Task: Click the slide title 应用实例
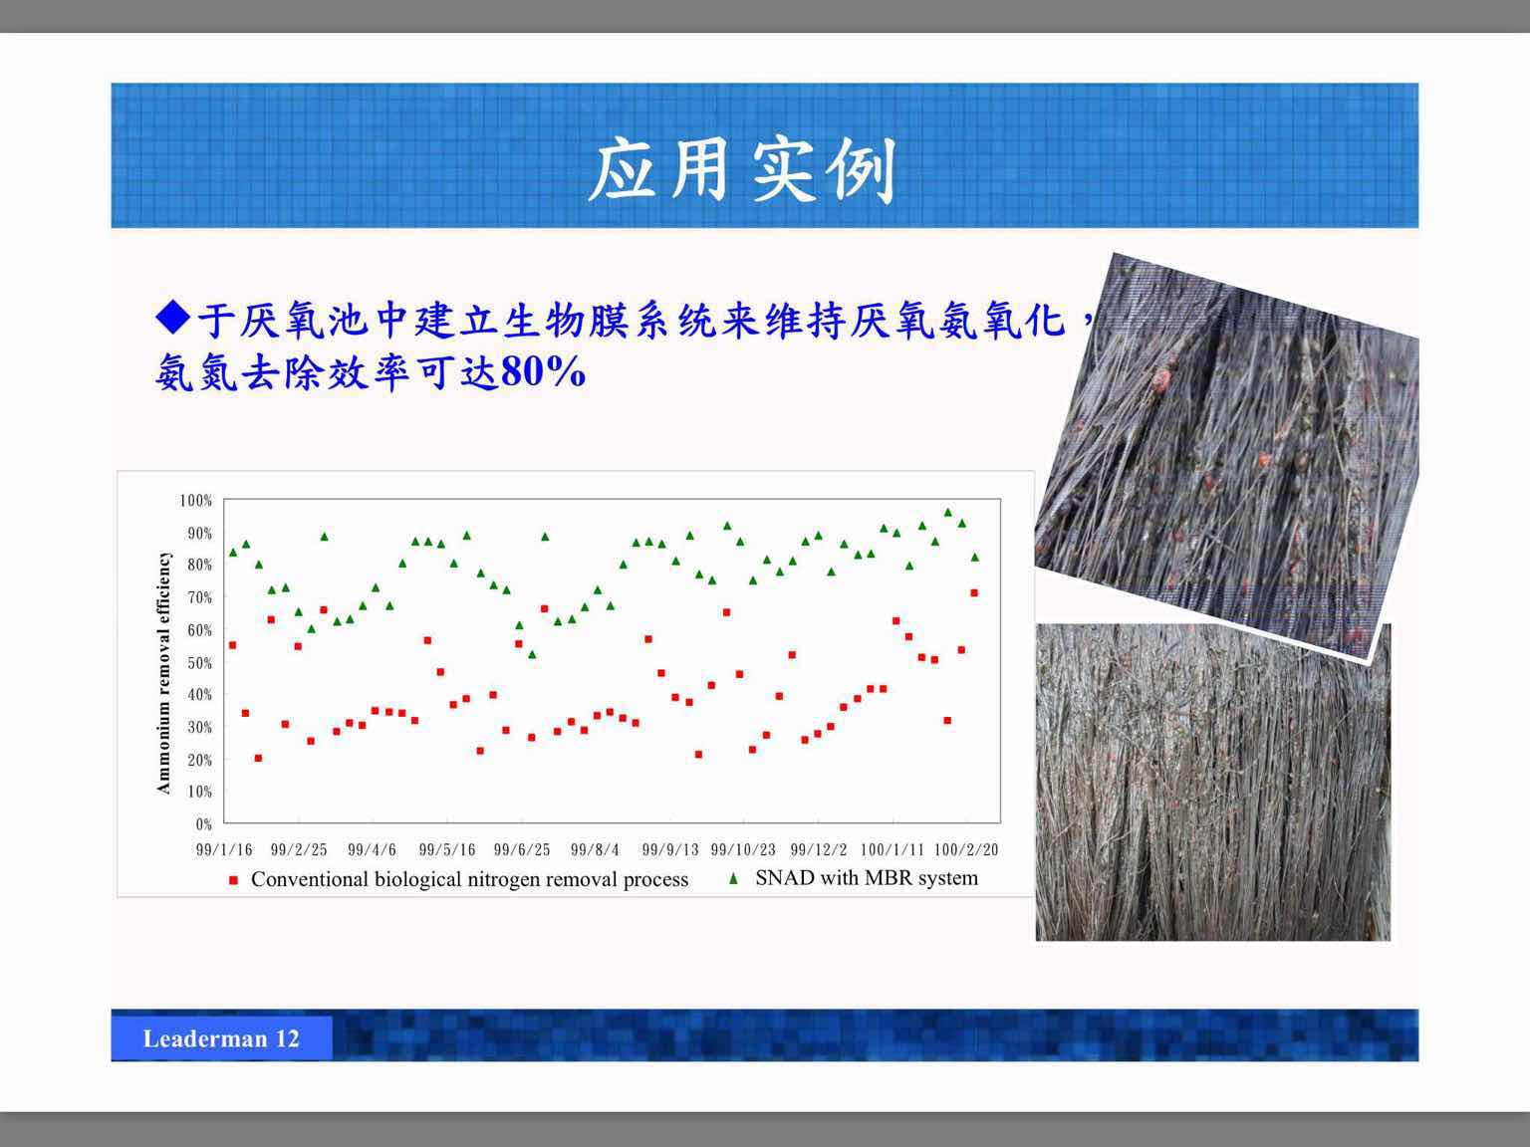pyautogui.click(x=742, y=169)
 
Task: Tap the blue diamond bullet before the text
pyautogui.click(x=173, y=318)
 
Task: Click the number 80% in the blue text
pyautogui.click(x=543, y=371)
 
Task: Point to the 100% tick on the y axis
pyautogui.click(x=196, y=500)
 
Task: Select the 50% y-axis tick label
pyautogui.click(x=199, y=663)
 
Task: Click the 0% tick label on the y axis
pyautogui.click(x=203, y=824)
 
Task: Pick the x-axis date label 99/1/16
pyautogui.click(x=224, y=849)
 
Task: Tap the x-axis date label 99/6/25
pyautogui.click(x=521, y=849)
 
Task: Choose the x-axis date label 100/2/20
pyautogui.click(x=966, y=849)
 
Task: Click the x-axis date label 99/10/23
pyautogui.click(x=743, y=849)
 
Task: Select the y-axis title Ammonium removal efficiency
pyautogui.click(x=163, y=673)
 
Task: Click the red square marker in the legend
pyautogui.click(x=233, y=880)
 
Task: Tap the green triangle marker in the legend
pyautogui.click(x=733, y=879)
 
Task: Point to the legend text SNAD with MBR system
pyautogui.click(x=867, y=877)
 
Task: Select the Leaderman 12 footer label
pyautogui.click(x=221, y=1038)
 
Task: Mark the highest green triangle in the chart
pyautogui.click(x=948, y=513)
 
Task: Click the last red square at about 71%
pyautogui.click(x=974, y=593)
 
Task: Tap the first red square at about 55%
pyautogui.click(x=233, y=645)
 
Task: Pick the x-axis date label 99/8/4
pyautogui.click(x=595, y=849)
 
